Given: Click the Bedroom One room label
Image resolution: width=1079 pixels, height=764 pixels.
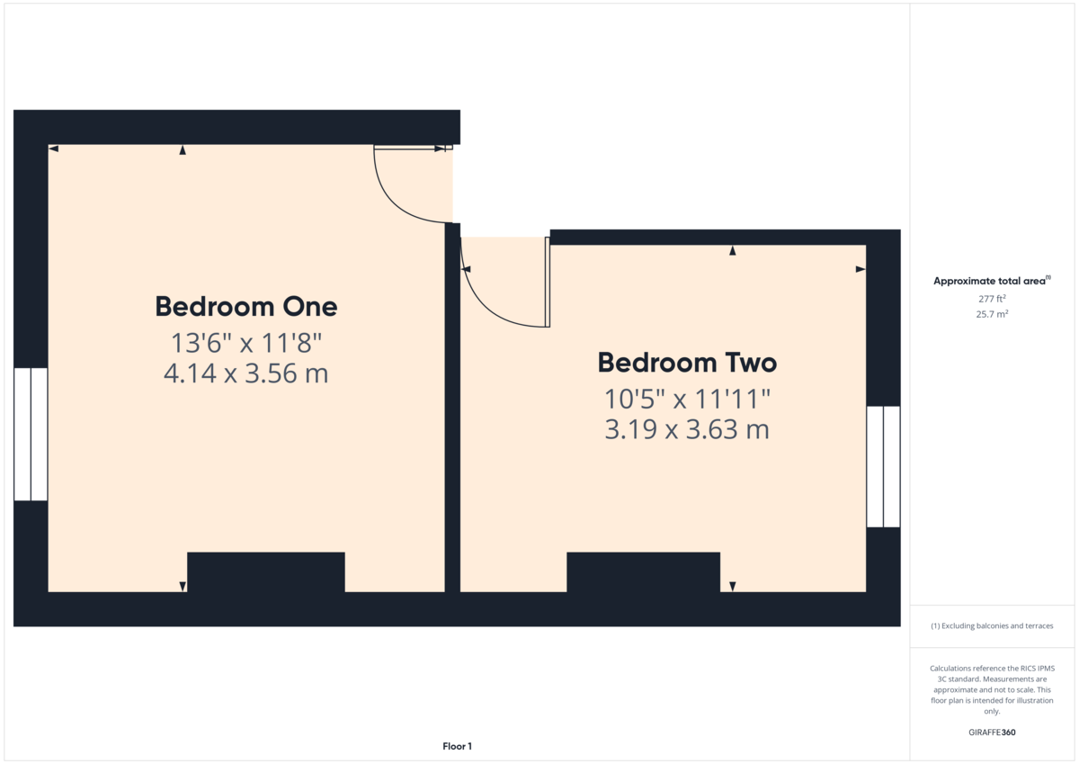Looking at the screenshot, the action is pyautogui.click(x=246, y=307).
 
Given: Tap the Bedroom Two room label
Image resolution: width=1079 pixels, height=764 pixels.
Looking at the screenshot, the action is pyautogui.click(x=687, y=363).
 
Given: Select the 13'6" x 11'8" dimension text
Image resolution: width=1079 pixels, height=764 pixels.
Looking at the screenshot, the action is pyautogui.click(x=246, y=343).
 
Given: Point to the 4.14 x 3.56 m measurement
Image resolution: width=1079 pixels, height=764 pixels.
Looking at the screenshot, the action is pyautogui.click(x=246, y=373).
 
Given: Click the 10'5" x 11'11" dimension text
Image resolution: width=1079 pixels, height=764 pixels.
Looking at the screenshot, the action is pyautogui.click(x=687, y=400).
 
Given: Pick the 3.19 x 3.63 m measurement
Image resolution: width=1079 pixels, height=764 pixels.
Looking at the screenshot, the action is pyautogui.click(x=687, y=429).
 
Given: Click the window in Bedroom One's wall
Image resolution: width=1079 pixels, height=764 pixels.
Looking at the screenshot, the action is pyautogui.click(x=31, y=435).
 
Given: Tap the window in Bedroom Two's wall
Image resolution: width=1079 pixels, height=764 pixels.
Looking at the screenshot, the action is pyautogui.click(x=883, y=467).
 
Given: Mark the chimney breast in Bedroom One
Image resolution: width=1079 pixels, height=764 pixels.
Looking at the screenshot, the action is pyautogui.click(x=266, y=572).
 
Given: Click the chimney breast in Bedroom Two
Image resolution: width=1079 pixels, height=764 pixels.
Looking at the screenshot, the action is pyautogui.click(x=644, y=572).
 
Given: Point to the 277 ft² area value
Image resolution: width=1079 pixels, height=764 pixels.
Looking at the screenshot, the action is pyautogui.click(x=992, y=299).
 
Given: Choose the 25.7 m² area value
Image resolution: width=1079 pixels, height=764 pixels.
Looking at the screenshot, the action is pyautogui.click(x=992, y=314).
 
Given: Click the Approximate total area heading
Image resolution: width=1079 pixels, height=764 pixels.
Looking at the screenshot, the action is pyautogui.click(x=992, y=281).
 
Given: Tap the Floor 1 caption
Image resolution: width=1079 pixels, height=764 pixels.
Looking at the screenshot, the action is pyautogui.click(x=457, y=746).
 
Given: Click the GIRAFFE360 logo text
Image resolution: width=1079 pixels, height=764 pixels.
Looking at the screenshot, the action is pyautogui.click(x=992, y=733).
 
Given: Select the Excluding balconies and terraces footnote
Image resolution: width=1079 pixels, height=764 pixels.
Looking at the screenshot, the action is pyautogui.click(x=992, y=625).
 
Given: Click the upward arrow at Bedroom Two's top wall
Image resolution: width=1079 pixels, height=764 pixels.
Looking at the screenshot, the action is pyautogui.click(x=733, y=251).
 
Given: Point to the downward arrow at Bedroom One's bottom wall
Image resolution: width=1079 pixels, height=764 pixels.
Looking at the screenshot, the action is pyautogui.click(x=183, y=587).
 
